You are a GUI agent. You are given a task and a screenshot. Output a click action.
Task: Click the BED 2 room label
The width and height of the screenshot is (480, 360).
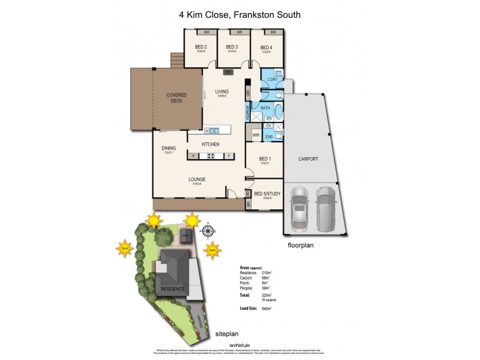click(201, 47)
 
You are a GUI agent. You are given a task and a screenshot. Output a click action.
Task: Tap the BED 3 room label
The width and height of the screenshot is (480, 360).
click(232, 47)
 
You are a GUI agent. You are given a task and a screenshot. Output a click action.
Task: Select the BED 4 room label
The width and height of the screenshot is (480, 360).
click(266, 47)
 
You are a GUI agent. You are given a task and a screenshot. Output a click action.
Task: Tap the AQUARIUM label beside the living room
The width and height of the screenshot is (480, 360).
click(247, 112)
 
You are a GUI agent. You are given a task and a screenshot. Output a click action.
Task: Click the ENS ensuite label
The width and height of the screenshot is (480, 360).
click(269, 136)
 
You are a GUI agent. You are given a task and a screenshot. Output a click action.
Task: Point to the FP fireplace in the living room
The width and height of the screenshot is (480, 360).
click(228, 72)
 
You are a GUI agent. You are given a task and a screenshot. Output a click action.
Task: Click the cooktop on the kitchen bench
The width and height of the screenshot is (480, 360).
click(211, 156)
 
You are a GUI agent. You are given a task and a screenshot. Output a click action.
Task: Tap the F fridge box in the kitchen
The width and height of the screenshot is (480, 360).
click(229, 156)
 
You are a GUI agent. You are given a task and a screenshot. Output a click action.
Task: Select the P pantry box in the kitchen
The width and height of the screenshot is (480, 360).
click(193, 156)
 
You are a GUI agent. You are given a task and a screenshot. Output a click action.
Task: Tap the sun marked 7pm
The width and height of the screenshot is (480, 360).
click(125, 248)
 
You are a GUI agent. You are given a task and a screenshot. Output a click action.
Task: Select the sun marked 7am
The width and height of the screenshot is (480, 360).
click(211, 250)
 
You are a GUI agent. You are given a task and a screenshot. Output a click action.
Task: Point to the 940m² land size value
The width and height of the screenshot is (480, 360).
click(267, 308)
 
